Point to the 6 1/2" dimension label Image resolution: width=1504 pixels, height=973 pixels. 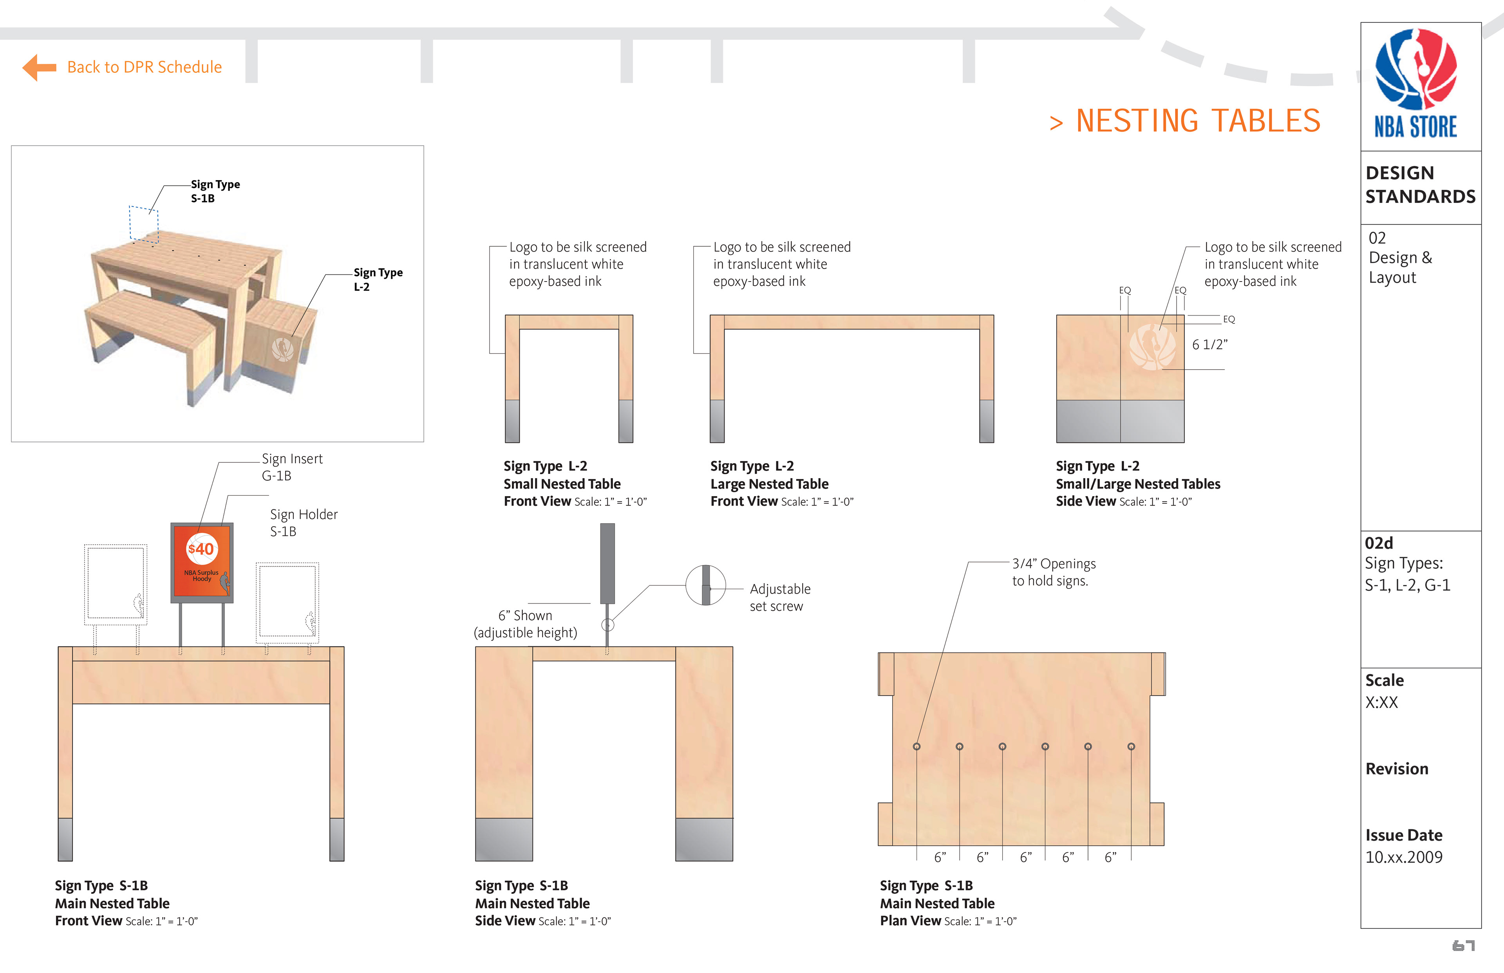[x=1209, y=344]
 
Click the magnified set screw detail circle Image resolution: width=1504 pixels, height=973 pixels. [x=705, y=585]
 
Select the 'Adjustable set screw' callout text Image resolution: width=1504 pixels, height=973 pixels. [x=779, y=597]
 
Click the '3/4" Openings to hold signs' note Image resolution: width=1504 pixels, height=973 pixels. [x=1054, y=572]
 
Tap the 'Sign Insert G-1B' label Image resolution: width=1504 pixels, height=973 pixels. [x=292, y=467]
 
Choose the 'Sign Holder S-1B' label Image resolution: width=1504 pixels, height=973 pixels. [x=303, y=522]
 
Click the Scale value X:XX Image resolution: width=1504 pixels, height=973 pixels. [x=1381, y=702]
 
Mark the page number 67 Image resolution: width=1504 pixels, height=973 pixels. [x=1463, y=946]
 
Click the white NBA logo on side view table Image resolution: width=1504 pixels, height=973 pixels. [x=1152, y=346]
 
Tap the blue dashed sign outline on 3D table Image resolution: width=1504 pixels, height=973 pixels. [x=143, y=224]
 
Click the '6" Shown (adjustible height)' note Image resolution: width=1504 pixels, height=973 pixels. [x=525, y=624]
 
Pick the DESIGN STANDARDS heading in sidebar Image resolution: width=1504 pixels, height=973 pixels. [x=1420, y=184]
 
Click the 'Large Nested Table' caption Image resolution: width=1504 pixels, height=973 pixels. [x=769, y=484]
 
